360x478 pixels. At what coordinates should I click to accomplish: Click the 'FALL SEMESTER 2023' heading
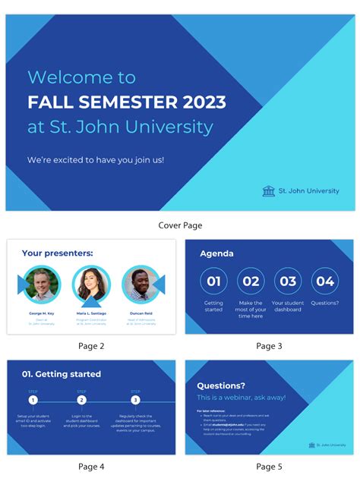pyautogui.click(x=126, y=102)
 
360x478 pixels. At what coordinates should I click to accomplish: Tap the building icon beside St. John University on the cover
pyautogui.click(x=269, y=191)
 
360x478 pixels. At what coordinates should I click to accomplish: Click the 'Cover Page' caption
pyautogui.click(x=180, y=225)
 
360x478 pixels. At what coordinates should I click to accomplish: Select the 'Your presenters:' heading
pyautogui.click(x=58, y=253)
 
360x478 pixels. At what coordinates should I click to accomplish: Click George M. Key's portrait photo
pyautogui.click(x=42, y=285)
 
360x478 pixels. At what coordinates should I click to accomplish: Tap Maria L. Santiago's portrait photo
pyautogui.click(x=91, y=285)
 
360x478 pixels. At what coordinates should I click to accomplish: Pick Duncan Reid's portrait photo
pyautogui.click(x=141, y=285)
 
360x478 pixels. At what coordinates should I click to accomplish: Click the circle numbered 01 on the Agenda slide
pyautogui.click(x=213, y=281)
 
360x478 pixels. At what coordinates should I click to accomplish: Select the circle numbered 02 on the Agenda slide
pyautogui.click(x=251, y=281)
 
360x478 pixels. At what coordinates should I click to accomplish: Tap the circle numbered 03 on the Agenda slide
pyautogui.click(x=288, y=281)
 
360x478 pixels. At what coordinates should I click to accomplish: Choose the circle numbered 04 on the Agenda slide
pyautogui.click(x=325, y=281)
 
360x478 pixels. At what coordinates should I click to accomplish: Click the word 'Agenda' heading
pyautogui.click(x=216, y=253)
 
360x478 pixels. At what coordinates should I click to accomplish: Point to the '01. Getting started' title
pyautogui.click(x=62, y=374)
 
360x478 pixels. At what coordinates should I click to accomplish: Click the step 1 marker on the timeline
pyautogui.click(x=33, y=400)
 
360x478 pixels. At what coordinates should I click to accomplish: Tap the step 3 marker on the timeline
pyautogui.click(x=135, y=400)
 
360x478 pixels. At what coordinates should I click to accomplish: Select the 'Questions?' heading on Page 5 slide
pyautogui.click(x=221, y=385)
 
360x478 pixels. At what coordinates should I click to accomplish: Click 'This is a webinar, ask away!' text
pyautogui.click(x=241, y=398)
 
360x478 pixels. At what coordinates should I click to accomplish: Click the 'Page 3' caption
pyautogui.click(x=269, y=346)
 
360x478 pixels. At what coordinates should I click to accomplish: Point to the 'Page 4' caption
pyautogui.click(x=91, y=466)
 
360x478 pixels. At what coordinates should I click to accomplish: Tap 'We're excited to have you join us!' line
pyautogui.click(x=96, y=160)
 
